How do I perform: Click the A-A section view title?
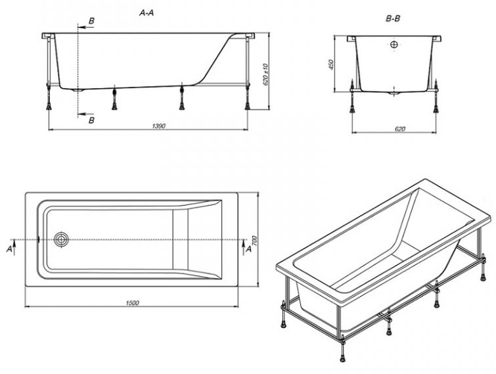click(x=147, y=13)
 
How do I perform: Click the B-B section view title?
click(x=393, y=18)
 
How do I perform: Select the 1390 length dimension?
click(x=159, y=126)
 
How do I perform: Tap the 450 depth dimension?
click(x=331, y=65)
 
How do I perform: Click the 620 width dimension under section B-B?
click(x=400, y=129)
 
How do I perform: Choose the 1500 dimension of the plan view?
click(x=132, y=303)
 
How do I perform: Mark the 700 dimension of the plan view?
click(x=256, y=242)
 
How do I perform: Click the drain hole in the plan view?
click(x=61, y=239)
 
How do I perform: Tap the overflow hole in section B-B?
click(x=394, y=45)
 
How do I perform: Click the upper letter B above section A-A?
click(x=91, y=21)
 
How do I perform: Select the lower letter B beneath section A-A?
click(x=91, y=120)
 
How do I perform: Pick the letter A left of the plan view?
click(x=9, y=249)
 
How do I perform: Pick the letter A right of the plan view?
click(x=248, y=249)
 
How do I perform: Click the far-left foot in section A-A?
click(x=49, y=106)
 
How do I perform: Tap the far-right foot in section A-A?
click(x=248, y=106)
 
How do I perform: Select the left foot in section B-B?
click(x=352, y=109)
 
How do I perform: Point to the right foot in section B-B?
click(x=436, y=109)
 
